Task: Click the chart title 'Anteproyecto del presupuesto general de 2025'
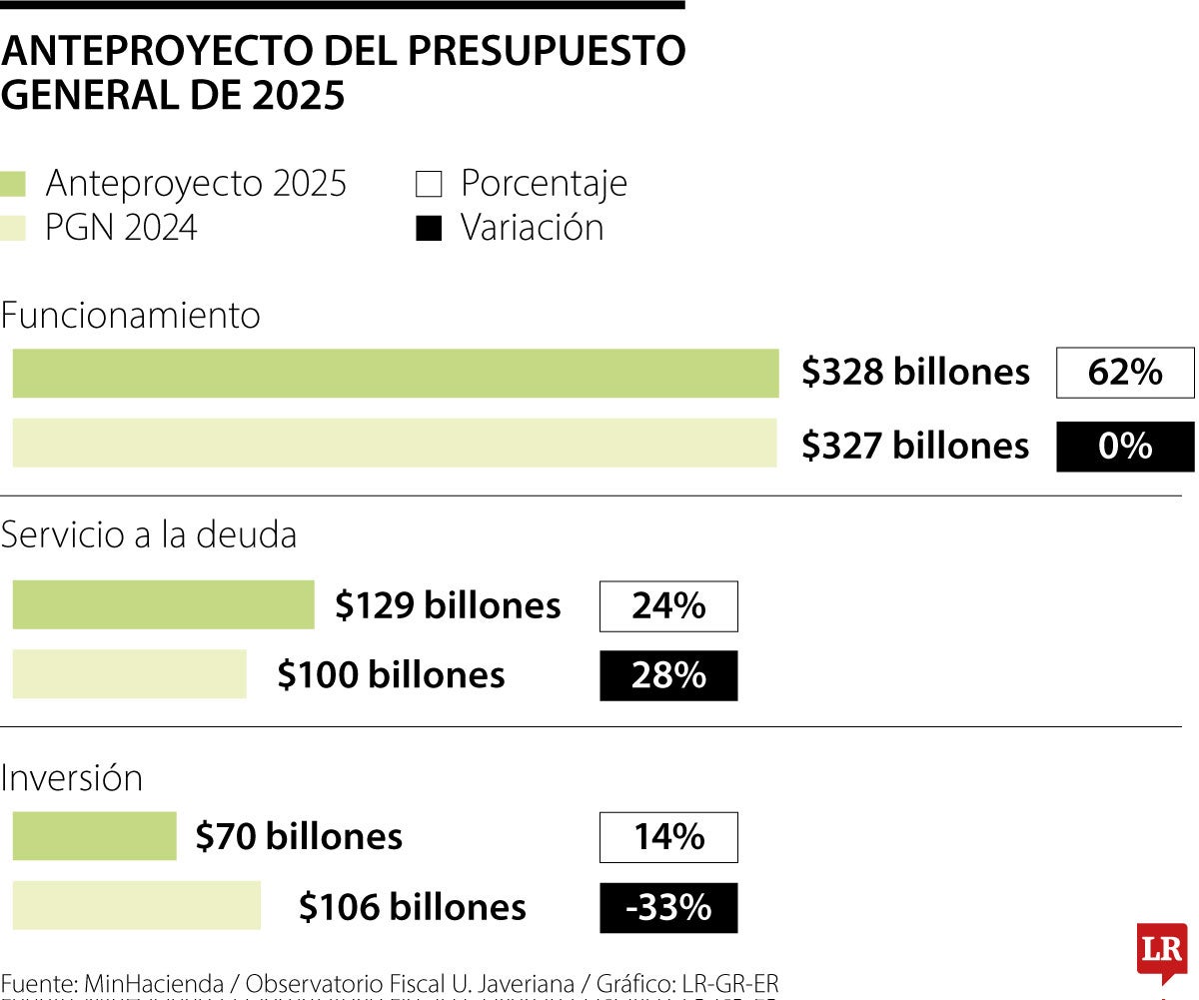click(343, 73)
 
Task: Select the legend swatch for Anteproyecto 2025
click(14, 185)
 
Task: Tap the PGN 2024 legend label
click(121, 228)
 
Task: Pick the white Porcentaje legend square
click(428, 185)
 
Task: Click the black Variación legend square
click(428, 229)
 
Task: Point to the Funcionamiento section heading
click(130, 316)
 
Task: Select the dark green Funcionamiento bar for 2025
click(395, 374)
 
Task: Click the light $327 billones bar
click(394, 444)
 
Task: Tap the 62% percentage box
click(1125, 373)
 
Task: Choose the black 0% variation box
click(1125, 446)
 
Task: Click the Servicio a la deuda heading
click(149, 535)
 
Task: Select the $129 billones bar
click(163, 605)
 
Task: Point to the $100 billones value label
click(391, 675)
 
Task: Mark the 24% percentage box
click(668, 606)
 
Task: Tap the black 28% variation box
click(668, 676)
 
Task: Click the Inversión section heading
click(72, 778)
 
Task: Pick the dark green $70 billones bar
click(94, 836)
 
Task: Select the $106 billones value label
click(412, 907)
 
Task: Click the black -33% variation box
click(668, 908)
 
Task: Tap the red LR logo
click(1161, 949)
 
